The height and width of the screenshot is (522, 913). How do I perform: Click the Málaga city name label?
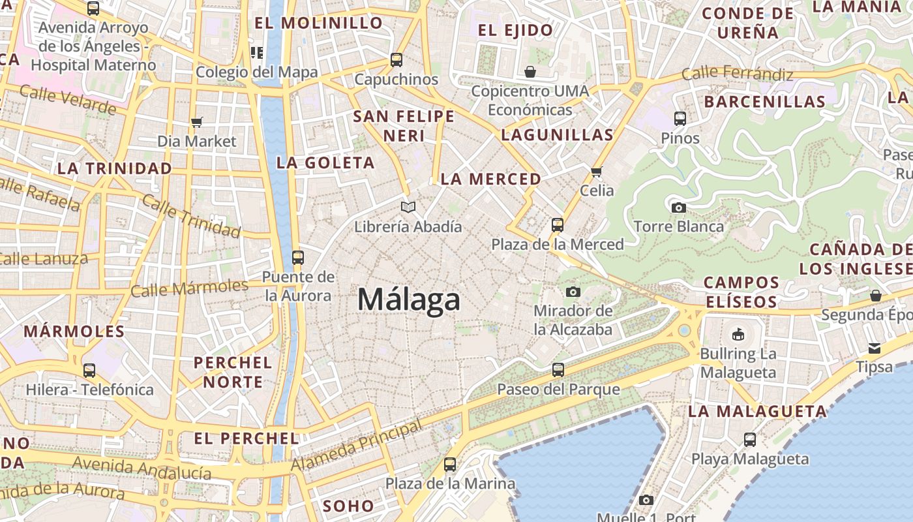click(x=409, y=300)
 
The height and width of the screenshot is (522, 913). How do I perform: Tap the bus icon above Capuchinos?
click(x=396, y=60)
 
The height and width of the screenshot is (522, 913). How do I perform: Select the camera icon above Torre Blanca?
click(x=678, y=207)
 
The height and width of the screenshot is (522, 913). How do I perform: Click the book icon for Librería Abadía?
click(x=408, y=207)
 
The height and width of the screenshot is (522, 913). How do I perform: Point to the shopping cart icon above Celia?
click(x=596, y=172)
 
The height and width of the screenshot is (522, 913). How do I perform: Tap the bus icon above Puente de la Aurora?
click(x=297, y=258)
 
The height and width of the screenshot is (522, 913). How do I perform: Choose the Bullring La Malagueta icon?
click(x=738, y=335)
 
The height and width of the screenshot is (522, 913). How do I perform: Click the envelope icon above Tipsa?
click(x=874, y=348)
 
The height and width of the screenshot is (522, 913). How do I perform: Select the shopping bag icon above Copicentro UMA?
click(x=530, y=71)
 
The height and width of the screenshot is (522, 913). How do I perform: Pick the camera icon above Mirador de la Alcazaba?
click(x=573, y=292)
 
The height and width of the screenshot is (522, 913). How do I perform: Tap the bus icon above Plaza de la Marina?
click(x=449, y=465)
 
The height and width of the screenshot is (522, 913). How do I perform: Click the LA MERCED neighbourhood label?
click(x=490, y=179)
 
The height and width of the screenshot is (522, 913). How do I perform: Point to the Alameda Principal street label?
click(x=356, y=447)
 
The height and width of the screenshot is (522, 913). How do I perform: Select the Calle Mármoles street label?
click(x=189, y=288)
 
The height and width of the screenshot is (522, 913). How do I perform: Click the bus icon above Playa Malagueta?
click(x=749, y=440)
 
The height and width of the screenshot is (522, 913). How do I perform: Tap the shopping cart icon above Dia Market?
click(x=196, y=122)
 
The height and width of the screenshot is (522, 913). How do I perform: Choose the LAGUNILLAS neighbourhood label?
click(x=557, y=135)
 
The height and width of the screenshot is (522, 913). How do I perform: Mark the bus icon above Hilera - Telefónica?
click(x=89, y=371)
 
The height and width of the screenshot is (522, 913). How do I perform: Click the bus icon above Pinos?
click(x=680, y=119)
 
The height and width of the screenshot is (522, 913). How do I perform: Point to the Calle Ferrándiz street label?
click(x=737, y=73)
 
